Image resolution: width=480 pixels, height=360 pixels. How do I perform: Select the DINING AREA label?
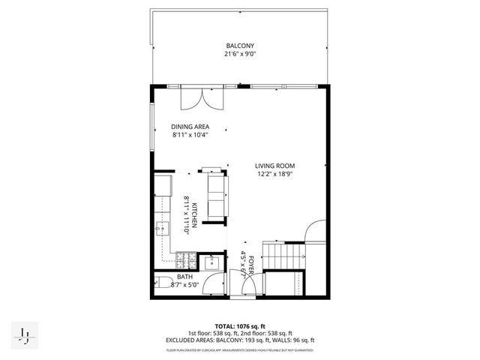tap(190, 127)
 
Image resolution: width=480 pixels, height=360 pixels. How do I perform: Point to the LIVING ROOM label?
tap(274, 166)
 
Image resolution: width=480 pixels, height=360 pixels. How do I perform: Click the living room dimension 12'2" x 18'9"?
tap(274, 174)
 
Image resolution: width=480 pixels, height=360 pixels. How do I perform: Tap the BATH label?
tap(184, 277)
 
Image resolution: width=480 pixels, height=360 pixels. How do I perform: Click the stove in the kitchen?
tap(184, 262)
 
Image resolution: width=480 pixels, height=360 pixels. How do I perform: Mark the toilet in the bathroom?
tap(161, 283)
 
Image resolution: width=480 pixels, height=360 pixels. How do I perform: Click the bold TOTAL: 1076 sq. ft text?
tap(239, 327)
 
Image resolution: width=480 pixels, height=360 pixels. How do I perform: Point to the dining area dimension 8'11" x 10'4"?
tap(190, 135)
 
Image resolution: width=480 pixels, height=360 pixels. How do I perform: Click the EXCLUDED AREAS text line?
tap(239, 340)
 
